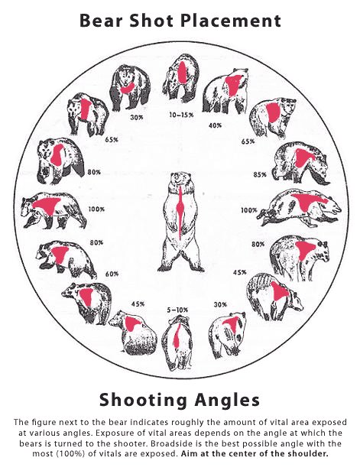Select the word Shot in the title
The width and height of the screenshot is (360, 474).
coord(153,21)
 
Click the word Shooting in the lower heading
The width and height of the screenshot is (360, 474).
coord(143,401)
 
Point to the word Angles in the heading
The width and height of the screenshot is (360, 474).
coord(227,401)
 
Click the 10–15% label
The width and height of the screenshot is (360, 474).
coord(181,115)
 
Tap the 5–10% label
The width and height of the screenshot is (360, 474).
coord(177,310)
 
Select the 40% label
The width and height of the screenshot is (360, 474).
coord(216,125)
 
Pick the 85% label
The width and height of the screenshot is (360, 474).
coord(260,174)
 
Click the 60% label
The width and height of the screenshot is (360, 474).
coord(112,274)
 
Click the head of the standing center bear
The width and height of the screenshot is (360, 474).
coord(178,180)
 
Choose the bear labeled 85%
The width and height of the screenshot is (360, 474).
coord(300,162)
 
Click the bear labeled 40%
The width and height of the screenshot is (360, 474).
coord(225,90)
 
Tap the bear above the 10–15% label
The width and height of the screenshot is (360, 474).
coord(180,78)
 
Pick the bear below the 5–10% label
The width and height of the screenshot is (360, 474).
coord(177,344)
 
